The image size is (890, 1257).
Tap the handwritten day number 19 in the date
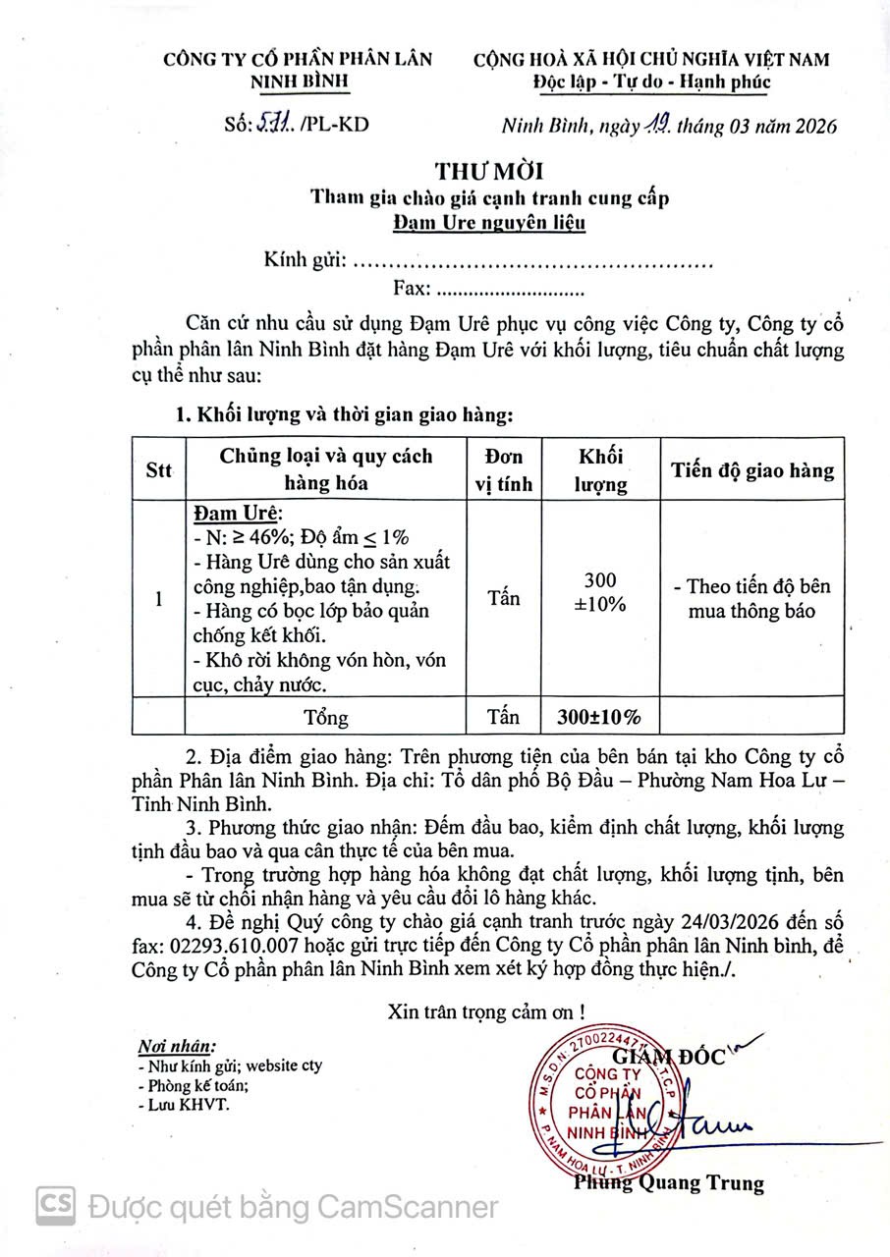click(x=658, y=124)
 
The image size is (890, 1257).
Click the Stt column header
click(x=159, y=470)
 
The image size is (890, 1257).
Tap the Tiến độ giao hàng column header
click(x=752, y=470)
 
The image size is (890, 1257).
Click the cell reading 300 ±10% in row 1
click(x=600, y=592)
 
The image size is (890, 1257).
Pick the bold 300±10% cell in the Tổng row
click(x=600, y=717)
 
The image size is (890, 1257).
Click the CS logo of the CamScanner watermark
click(x=56, y=1205)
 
